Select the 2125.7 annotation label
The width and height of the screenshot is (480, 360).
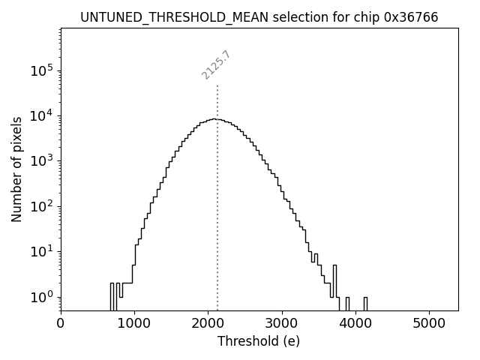tap(216, 65)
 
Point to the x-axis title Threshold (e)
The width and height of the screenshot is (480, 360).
tap(259, 341)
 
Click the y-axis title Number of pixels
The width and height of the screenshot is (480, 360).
tap(16, 169)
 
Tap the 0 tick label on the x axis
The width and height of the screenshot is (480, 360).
tap(61, 324)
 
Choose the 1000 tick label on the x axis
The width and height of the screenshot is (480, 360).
tap(134, 324)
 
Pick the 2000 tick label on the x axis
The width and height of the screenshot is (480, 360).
tap(208, 324)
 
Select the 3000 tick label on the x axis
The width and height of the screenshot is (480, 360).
tap(281, 324)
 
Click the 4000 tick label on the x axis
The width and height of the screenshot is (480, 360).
tap(355, 324)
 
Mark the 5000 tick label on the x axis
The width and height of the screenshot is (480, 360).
tap(429, 324)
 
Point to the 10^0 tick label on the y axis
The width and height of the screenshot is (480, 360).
tap(41, 297)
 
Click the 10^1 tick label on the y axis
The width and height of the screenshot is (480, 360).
tap(41, 251)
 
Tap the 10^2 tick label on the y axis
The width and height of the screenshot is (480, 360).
tap(41, 206)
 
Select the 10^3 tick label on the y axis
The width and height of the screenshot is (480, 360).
tap(41, 160)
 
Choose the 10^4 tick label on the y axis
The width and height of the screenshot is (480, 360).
tap(41, 115)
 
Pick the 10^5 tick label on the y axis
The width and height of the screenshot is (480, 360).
tap(41, 70)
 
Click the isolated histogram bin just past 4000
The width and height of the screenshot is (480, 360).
tap(365, 303)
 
